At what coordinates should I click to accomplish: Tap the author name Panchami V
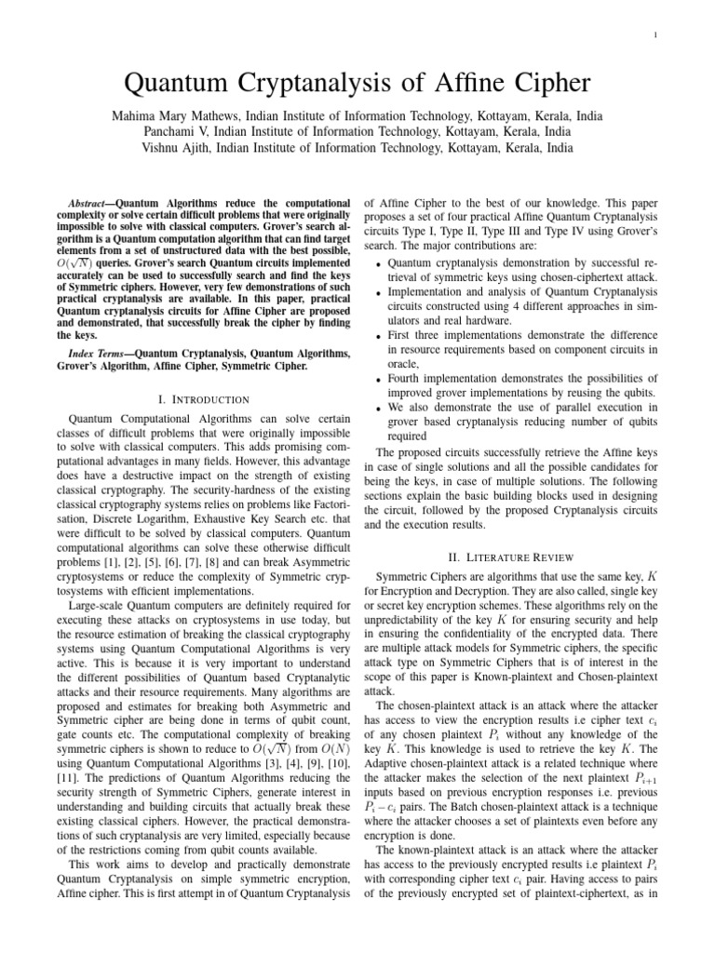[185, 132]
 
